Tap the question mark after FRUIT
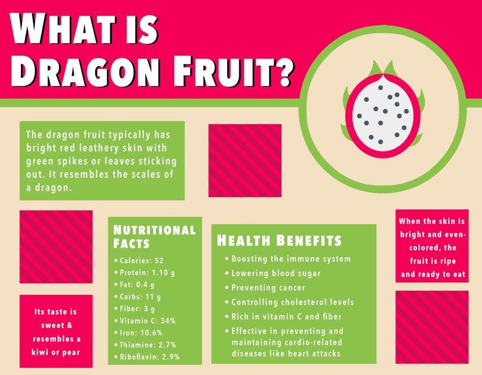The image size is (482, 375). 282,72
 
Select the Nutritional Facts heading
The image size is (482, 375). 154,236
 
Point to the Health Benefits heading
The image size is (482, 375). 279,240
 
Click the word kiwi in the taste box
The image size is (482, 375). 40,352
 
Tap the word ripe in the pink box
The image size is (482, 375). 447,261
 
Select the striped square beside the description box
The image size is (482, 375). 245,160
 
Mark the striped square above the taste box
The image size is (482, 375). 56,247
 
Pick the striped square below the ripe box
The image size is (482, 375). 432,327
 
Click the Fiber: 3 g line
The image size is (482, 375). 137,309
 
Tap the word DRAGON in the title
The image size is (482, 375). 85,71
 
